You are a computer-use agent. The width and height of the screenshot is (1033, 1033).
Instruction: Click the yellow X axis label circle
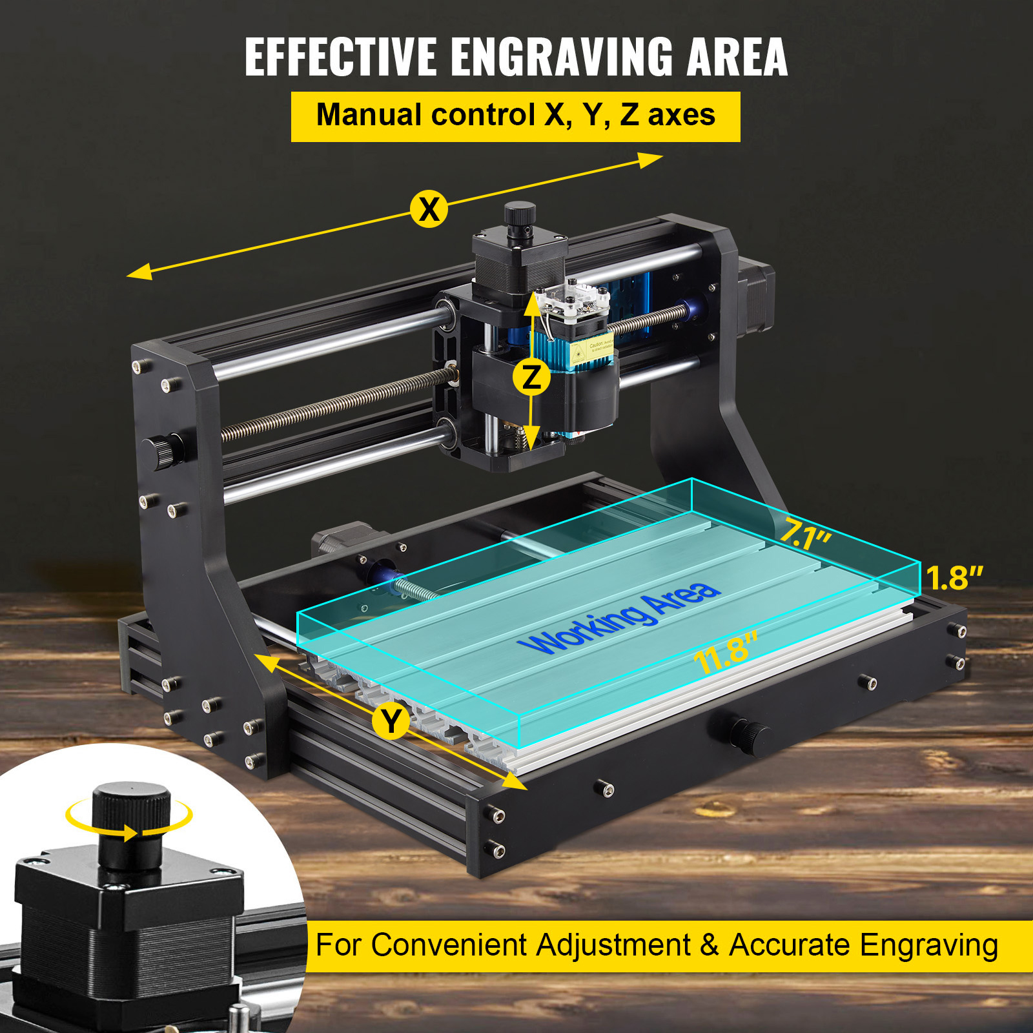point(429,209)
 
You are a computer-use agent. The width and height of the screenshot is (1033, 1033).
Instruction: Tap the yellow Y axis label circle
point(391,721)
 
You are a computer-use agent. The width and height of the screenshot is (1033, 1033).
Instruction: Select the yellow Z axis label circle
point(531,376)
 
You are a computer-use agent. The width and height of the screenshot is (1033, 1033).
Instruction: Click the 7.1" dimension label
point(805,535)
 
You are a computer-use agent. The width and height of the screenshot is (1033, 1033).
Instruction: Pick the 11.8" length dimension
point(726,652)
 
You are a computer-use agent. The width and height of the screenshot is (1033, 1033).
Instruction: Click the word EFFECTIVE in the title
point(340,57)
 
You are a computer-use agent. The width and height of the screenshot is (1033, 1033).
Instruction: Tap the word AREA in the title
point(737,57)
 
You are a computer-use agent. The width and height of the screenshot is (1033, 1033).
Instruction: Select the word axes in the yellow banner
point(681,116)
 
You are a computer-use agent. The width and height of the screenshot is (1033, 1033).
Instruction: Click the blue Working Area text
point(619,617)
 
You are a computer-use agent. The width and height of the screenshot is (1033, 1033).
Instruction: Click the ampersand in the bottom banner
point(709,945)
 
